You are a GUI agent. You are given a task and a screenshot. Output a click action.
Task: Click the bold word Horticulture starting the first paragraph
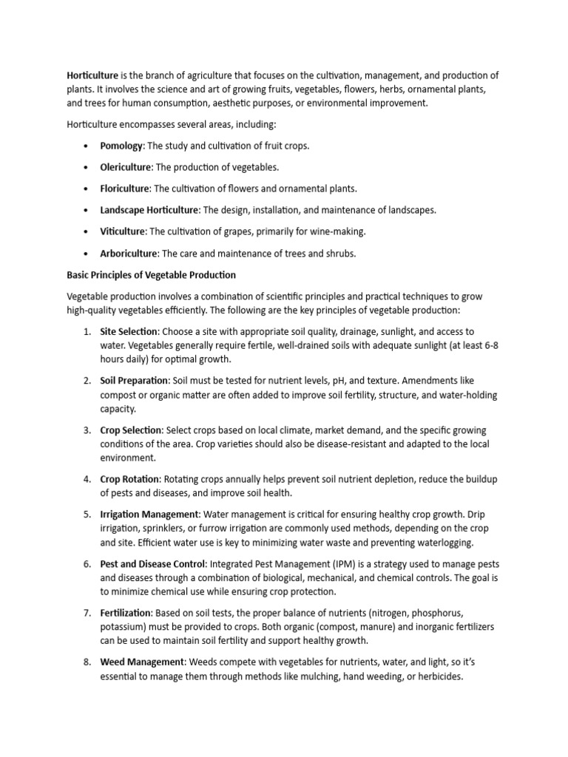tap(92, 75)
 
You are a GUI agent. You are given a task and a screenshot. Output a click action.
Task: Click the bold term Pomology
tap(121, 146)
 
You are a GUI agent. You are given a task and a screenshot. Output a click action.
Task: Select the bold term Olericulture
tap(126, 168)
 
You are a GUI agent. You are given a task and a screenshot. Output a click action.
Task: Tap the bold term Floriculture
tap(125, 189)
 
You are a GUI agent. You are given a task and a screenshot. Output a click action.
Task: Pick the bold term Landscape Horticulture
tap(149, 210)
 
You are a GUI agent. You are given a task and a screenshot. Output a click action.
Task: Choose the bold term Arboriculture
tap(129, 253)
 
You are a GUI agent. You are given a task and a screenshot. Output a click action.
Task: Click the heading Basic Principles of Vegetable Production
tap(151, 275)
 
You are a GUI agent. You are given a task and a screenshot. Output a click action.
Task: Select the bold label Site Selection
tap(129, 332)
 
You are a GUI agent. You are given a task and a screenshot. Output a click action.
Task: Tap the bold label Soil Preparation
tap(135, 381)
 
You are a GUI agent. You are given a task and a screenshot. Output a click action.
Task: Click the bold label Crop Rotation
tap(129, 479)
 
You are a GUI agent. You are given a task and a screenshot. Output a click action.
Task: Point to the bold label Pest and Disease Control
tap(152, 564)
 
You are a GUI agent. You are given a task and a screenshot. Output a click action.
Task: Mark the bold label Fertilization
tap(126, 613)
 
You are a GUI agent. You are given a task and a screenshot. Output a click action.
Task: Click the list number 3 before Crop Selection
tap(86, 430)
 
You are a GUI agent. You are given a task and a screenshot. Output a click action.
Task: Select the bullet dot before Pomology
tap(87, 146)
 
